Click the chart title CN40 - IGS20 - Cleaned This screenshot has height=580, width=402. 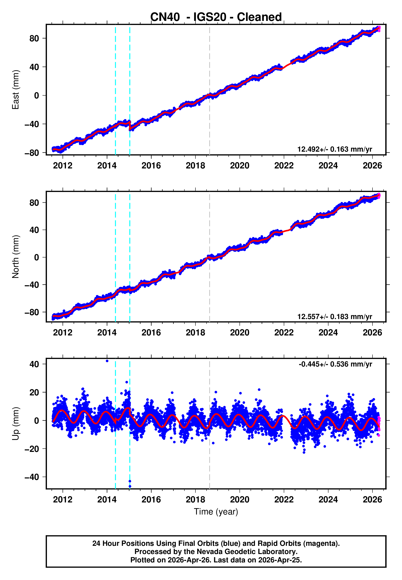pyautogui.click(x=216, y=17)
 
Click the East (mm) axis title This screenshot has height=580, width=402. pyautogui.click(x=16, y=90)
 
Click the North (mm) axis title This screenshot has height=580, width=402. pyautogui.click(x=16, y=257)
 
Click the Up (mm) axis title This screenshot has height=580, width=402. pyautogui.click(x=16, y=424)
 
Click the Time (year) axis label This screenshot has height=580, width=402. pyautogui.click(x=216, y=512)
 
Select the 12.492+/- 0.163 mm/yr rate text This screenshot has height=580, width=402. pyautogui.click(x=335, y=149)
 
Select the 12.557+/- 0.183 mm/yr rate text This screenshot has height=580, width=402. pyautogui.click(x=335, y=317)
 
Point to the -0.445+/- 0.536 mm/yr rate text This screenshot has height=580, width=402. pyautogui.click(x=335, y=364)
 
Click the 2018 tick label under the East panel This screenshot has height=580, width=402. pyautogui.click(x=195, y=166)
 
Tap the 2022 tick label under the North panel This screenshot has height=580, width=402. pyautogui.click(x=284, y=333)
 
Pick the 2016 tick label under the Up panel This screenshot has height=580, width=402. pyautogui.click(x=151, y=500)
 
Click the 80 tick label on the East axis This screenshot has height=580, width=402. pyautogui.click(x=34, y=38)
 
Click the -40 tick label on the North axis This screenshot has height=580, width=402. pyautogui.click(x=32, y=285)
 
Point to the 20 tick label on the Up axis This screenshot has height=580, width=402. pyautogui.click(x=34, y=392)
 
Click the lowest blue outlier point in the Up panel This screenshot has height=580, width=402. pyautogui.click(x=130, y=486)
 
